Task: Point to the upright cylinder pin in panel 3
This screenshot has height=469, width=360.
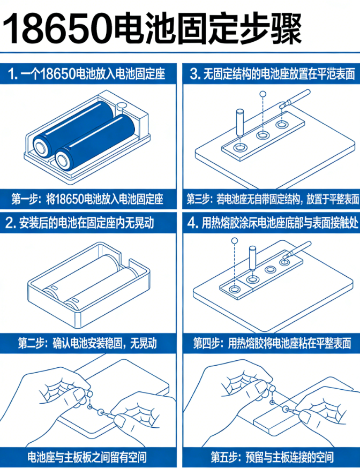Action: coord(240,122)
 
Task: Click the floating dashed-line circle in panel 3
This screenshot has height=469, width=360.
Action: coord(262,94)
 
